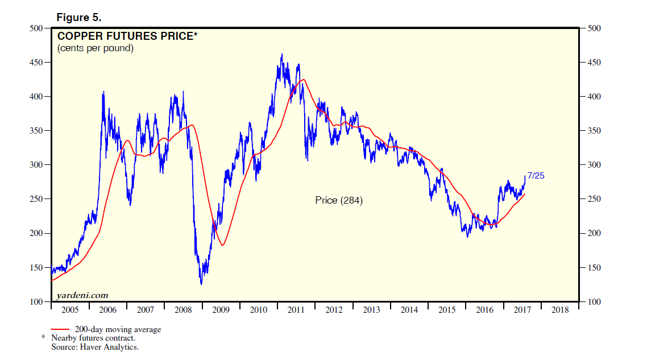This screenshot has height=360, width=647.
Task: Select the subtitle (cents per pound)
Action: pyautogui.click(x=96, y=48)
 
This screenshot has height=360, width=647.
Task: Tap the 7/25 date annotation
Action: pyautogui.click(x=536, y=175)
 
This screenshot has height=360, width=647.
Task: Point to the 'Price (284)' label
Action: pyautogui.click(x=339, y=200)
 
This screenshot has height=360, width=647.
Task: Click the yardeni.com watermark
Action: pyautogui.click(x=82, y=295)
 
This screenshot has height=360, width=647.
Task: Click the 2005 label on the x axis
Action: pyautogui.click(x=70, y=310)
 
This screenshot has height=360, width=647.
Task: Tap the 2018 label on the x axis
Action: pyautogui.click(x=560, y=310)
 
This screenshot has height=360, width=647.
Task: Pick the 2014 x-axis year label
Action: pyautogui.click(x=409, y=310)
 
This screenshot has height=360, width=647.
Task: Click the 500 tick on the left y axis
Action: pyautogui.click(x=36, y=28)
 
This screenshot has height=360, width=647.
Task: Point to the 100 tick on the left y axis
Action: pyautogui.click(x=36, y=302)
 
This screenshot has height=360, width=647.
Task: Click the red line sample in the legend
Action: pyautogui.click(x=60, y=329)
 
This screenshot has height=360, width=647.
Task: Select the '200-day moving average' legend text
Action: pyautogui.click(x=118, y=329)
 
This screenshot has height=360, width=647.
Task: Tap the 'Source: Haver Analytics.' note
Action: pyautogui.click(x=95, y=346)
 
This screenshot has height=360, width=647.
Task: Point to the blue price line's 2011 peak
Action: pyautogui.click(x=283, y=55)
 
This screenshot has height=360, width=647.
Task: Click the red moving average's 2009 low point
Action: pyautogui.click(x=223, y=245)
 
